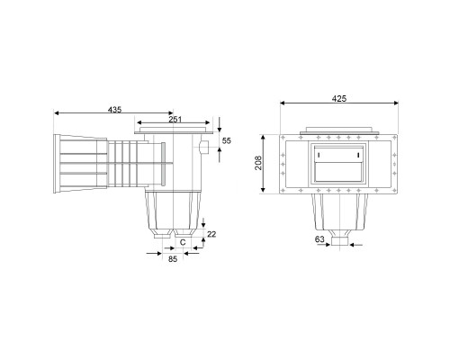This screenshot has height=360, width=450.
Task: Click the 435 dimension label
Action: tap(114, 110)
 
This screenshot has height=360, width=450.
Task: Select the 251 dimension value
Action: tap(175, 120)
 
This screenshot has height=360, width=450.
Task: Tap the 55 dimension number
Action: tap(227, 140)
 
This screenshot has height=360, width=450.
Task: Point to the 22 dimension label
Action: tap(211, 234)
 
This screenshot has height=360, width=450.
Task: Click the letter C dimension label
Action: tap(183, 242)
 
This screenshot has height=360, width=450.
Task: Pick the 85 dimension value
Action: tap(173, 259)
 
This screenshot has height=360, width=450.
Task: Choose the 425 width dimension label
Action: tap(339, 98)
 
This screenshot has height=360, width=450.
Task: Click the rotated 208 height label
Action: tap(258, 163)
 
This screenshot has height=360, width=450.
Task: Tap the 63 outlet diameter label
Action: tap(319, 239)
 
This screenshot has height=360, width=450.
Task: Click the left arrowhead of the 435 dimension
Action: tap(56, 113)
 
